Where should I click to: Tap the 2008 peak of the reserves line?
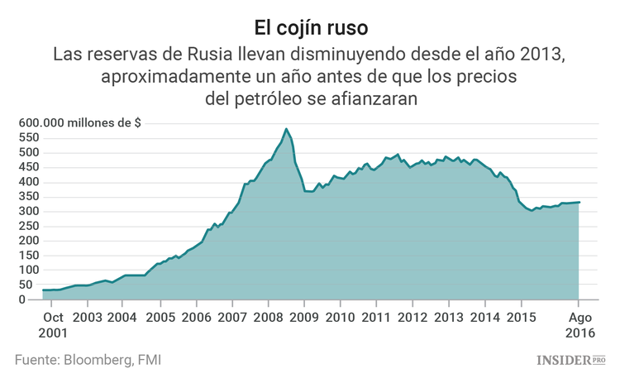pyautogui.click(x=286, y=129)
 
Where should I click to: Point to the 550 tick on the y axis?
pyautogui.click(x=31, y=137)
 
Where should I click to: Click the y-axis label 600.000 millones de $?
pyautogui.click(x=80, y=122)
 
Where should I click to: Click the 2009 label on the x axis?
pyautogui.click(x=304, y=317)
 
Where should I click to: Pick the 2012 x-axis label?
pyautogui.click(x=413, y=317)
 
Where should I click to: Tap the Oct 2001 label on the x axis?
pyautogui.click(x=54, y=324)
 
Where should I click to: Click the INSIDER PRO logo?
pyautogui.click(x=571, y=360)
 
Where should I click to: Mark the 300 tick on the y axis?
pyautogui.click(x=31, y=211)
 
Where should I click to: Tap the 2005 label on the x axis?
pyautogui.click(x=160, y=317)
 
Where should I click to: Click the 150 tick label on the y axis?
pyautogui.click(x=31, y=255)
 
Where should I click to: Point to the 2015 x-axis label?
pyautogui.click(x=521, y=317)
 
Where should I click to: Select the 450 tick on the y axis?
pyautogui.click(x=31, y=166)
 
